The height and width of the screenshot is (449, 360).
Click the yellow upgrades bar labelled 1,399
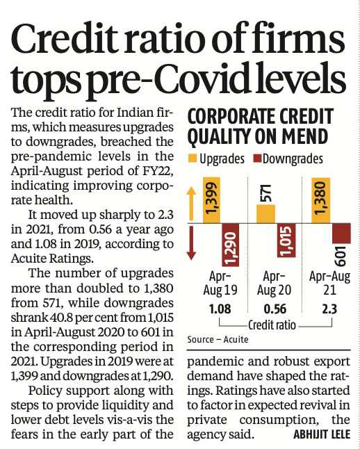212,200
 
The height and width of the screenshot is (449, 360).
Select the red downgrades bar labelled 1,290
231,245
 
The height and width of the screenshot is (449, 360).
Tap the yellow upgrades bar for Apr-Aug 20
265,214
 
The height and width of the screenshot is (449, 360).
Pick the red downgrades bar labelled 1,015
286,240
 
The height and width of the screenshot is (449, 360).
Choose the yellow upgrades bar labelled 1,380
321,200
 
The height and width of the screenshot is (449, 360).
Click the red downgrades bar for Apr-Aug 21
341,234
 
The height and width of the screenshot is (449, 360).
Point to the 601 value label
341,256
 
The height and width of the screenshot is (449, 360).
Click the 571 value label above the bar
266,193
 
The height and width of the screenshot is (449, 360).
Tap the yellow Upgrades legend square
193,158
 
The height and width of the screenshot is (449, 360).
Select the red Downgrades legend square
257,158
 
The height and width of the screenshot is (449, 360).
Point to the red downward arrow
191,243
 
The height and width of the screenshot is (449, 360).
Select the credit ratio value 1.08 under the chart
220,309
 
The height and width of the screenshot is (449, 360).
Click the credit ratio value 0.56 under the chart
275,309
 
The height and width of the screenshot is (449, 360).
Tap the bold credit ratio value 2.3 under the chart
329,309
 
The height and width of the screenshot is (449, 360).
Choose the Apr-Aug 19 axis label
220,283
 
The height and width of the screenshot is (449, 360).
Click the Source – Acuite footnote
218,340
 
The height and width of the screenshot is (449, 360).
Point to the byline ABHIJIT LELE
322,434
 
